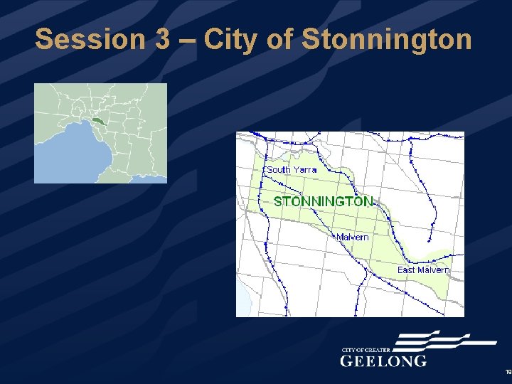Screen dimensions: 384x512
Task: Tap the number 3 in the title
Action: (x=160, y=39)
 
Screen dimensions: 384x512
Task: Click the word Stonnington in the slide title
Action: (x=386, y=39)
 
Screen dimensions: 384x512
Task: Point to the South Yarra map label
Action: (x=292, y=170)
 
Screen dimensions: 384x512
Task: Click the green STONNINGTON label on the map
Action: (x=323, y=201)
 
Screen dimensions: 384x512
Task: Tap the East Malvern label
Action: (x=423, y=270)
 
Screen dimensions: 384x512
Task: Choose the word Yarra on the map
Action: (x=305, y=170)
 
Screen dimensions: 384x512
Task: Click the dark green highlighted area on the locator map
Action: (x=98, y=122)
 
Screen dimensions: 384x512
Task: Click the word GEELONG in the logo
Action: (x=384, y=361)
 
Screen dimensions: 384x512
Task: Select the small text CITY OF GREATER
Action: (x=366, y=350)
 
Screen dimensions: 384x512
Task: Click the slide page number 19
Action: (x=508, y=372)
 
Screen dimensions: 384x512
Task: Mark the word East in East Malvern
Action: (x=406, y=270)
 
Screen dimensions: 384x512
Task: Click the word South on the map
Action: (x=279, y=170)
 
